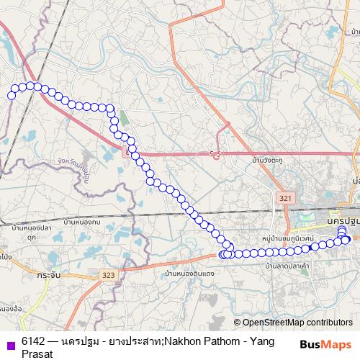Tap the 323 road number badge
[x=109, y=275]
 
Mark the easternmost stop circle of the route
[x=347, y=240]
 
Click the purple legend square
[x=10, y=344]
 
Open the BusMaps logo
[x=325, y=344]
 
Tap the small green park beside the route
[x=122, y=117]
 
